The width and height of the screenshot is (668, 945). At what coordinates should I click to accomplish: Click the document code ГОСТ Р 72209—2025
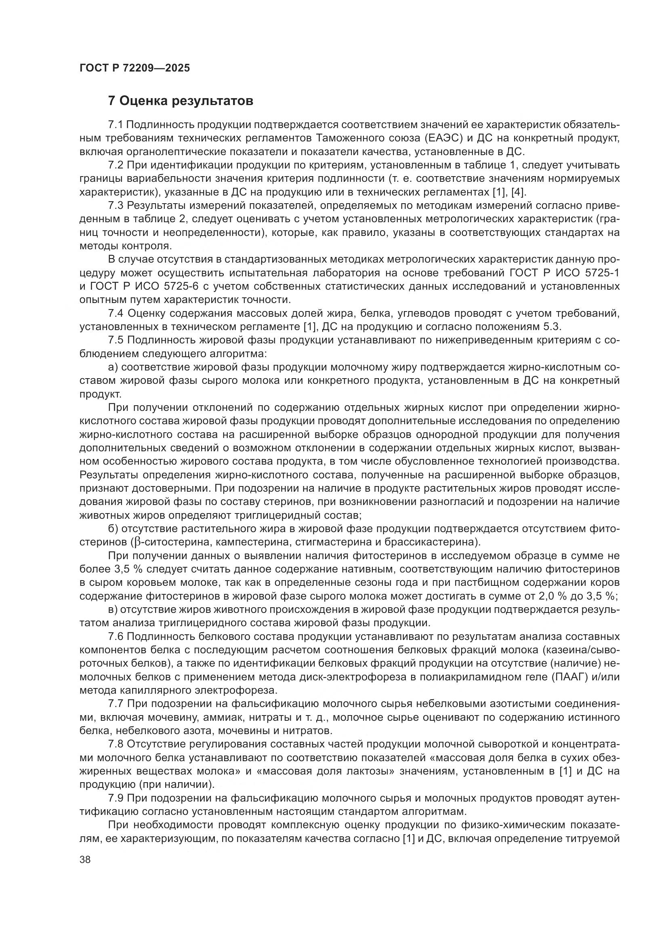tap(134, 68)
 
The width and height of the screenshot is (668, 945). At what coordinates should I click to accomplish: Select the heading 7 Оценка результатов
tap(181, 101)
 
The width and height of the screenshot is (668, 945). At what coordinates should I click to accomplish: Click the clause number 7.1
tap(116, 125)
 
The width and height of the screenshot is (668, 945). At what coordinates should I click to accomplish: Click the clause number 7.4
tap(116, 314)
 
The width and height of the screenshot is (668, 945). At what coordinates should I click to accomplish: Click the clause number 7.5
tap(116, 341)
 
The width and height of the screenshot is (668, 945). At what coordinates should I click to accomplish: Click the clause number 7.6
tap(116, 637)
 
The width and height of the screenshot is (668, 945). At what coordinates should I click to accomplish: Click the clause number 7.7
tap(116, 705)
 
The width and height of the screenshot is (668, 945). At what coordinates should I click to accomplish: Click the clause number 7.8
tap(116, 745)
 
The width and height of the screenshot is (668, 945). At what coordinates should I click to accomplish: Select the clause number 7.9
tap(116, 799)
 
